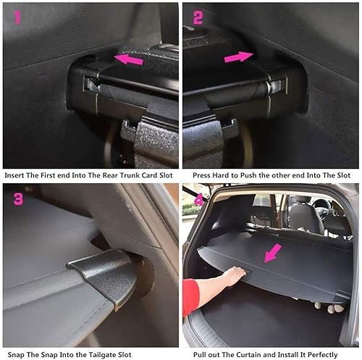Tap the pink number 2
198,17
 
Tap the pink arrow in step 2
238,56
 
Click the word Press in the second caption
203,176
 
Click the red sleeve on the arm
191,297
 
